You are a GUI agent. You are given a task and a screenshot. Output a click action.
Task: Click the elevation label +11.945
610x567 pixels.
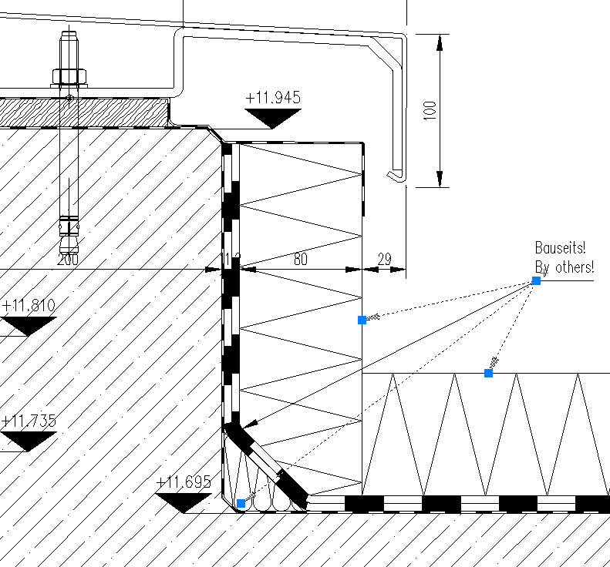coord(272,98)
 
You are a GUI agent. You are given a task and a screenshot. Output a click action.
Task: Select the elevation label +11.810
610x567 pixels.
coord(29,305)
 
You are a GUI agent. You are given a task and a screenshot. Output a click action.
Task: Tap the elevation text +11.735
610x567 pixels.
coord(29,421)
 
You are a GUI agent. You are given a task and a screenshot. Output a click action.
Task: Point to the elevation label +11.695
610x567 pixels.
coord(183,483)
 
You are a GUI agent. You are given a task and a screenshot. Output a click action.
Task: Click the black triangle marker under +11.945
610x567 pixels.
coord(272,117)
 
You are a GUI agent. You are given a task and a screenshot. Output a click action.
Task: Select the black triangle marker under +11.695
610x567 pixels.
coord(183,502)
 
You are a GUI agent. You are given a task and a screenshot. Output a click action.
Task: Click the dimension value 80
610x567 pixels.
coord(300,260)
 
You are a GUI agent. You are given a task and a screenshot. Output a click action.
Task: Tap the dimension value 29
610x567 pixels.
coord(385,260)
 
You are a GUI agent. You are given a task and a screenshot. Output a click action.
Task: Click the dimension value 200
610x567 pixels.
coord(68,260)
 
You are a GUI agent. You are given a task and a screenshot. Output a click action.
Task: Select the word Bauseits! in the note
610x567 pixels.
coord(560,248)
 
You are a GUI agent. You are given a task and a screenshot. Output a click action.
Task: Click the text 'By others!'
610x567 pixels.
coord(565,267)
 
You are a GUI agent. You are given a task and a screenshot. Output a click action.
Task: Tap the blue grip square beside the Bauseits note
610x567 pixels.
coord(536,281)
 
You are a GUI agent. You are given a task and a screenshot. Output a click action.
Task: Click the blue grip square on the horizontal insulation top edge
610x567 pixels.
coord(488,373)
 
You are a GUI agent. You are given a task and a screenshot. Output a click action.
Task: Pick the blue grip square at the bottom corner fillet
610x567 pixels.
coord(241,503)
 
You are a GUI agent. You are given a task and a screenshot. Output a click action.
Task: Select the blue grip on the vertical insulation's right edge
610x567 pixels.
coord(362,320)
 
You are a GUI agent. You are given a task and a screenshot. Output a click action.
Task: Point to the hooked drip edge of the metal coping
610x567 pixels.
coord(396,175)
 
